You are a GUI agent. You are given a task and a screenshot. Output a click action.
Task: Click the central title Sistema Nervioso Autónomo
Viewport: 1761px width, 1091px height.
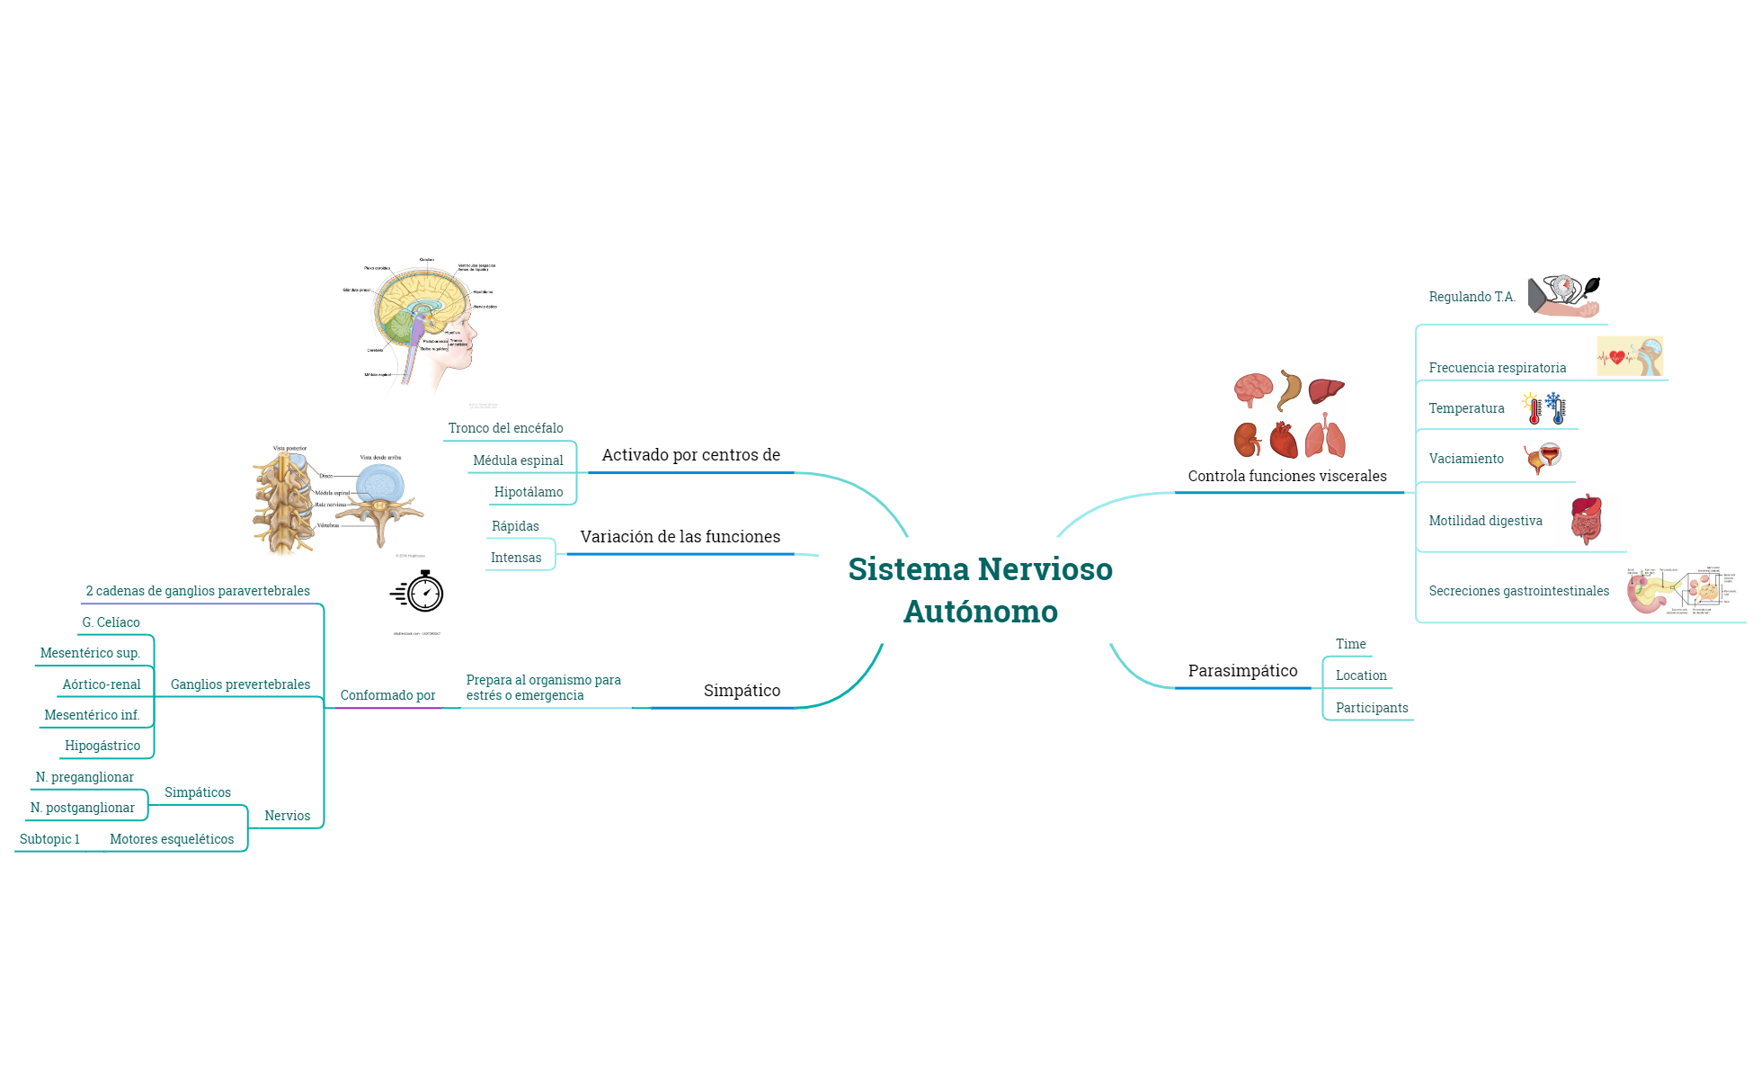tap(980, 590)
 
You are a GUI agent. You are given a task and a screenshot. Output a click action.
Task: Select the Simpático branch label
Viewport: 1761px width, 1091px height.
tap(742, 691)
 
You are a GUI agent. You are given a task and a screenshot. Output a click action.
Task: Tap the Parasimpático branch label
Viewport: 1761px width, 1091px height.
tap(1242, 671)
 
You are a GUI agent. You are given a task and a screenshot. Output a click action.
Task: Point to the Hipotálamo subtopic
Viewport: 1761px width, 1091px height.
tap(529, 492)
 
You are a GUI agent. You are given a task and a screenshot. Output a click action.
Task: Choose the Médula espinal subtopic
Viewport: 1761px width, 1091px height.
tap(518, 461)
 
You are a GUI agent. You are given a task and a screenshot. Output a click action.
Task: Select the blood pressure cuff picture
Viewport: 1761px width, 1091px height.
tap(1564, 297)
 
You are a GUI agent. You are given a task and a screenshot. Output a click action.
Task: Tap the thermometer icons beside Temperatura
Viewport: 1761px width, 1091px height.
tap(1544, 408)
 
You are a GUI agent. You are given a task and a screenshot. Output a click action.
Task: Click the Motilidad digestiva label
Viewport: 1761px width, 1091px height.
tap(1485, 521)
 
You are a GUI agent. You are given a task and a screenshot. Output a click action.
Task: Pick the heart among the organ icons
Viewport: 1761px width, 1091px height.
tap(1284, 441)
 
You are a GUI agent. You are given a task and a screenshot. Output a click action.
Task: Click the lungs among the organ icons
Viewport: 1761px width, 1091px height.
tap(1326, 438)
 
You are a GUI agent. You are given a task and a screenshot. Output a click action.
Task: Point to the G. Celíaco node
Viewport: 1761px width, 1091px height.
tap(111, 622)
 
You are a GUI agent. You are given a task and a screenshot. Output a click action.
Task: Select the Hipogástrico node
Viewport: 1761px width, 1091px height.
tap(102, 746)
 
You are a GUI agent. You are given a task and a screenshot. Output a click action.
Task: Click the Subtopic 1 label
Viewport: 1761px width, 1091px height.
tap(49, 839)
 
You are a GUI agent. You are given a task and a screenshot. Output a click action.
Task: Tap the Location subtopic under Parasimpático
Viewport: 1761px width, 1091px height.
tap(1361, 675)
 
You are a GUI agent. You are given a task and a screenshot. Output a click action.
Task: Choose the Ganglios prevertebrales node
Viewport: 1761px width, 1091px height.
tap(240, 684)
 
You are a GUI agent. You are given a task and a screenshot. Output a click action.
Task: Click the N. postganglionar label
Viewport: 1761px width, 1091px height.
tap(83, 808)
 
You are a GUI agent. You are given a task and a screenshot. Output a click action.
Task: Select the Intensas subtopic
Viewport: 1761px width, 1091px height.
tap(516, 558)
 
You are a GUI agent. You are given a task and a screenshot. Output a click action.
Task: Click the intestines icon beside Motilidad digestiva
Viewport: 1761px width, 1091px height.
tap(1587, 520)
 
